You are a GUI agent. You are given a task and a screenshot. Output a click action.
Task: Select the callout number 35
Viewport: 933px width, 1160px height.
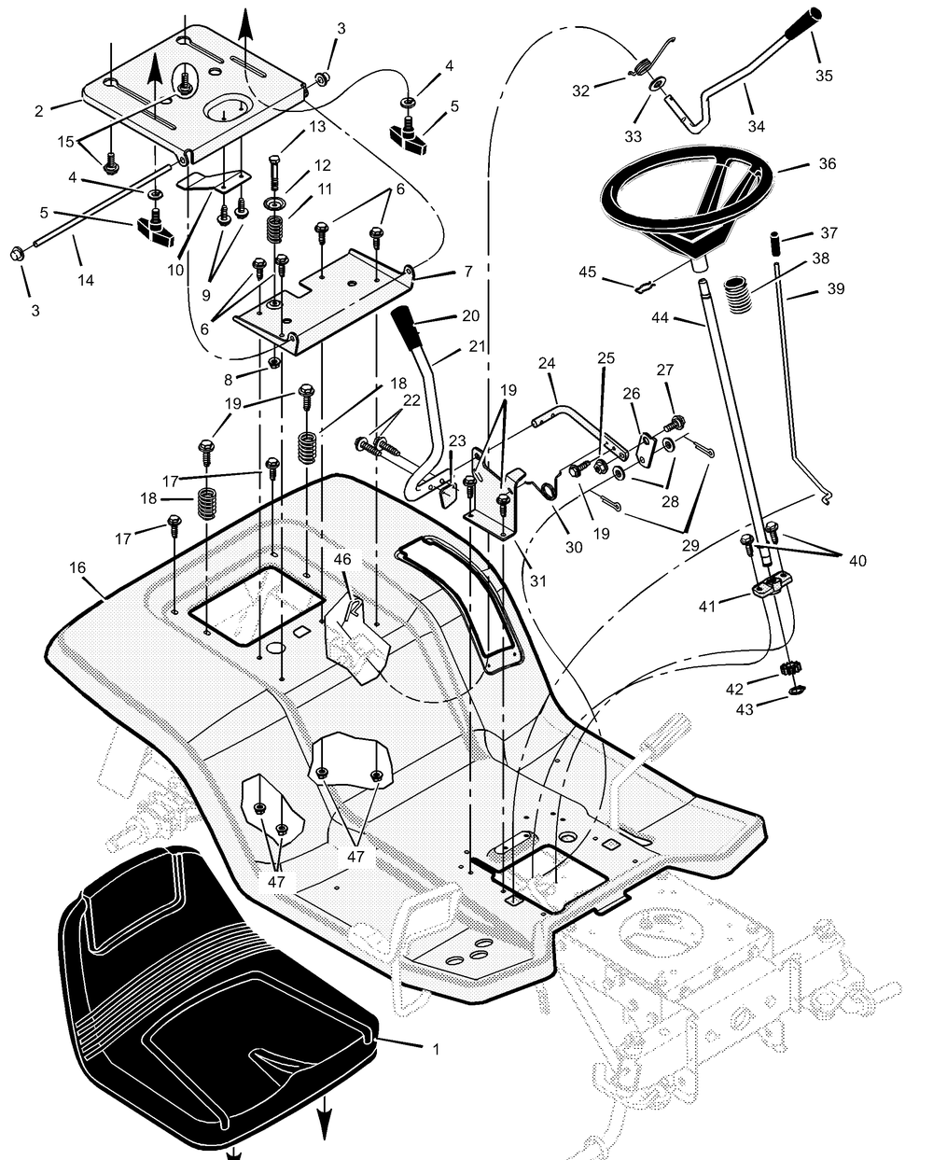coord(824,76)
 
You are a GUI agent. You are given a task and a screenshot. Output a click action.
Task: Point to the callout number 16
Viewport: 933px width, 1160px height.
coord(77,567)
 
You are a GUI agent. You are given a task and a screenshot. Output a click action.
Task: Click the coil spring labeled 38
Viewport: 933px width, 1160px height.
coord(738,293)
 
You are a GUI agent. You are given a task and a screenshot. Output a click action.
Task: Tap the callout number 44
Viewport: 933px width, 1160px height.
coord(661,318)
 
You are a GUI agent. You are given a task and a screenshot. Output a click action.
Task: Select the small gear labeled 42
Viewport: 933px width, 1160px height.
coord(788,669)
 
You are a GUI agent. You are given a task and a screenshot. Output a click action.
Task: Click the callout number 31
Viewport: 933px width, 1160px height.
coord(538,581)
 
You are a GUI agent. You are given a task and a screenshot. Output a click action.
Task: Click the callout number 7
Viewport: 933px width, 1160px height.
coord(468,272)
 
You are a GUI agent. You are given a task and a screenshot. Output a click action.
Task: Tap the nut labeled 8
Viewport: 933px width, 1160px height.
coord(273,362)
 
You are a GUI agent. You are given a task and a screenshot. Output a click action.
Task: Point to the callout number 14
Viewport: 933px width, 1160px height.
coord(85,280)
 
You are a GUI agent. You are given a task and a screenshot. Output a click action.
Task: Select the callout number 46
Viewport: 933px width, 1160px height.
coord(342,559)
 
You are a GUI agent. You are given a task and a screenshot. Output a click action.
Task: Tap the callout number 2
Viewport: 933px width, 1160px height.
coord(39,111)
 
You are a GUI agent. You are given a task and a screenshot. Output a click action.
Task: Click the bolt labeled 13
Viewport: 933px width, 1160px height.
coord(273,172)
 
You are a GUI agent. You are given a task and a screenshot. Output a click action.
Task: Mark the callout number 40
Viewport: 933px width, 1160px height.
coord(857,561)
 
